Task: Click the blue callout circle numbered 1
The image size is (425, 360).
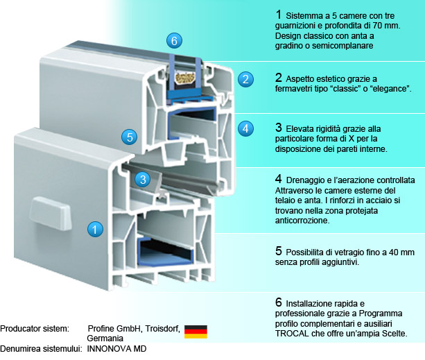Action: (95, 227)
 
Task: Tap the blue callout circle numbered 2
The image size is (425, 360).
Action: (244, 79)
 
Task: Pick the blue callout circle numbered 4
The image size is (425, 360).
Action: (244, 128)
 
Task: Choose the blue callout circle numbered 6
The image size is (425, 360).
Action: (174, 40)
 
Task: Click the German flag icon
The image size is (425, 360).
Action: (196, 331)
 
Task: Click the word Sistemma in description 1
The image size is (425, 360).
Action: (308, 15)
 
